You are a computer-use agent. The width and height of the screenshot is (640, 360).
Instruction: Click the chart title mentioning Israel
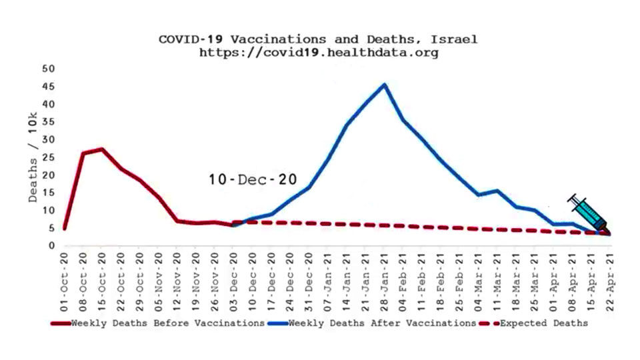pyautogui.click(x=317, y=39)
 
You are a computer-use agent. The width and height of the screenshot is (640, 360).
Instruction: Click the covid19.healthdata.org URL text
pyautogui.click(x=319, y=53)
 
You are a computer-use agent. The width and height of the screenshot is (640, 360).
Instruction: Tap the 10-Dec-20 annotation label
pyautogui.click(x=252, y=179)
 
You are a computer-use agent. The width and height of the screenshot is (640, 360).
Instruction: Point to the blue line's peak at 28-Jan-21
pyautogui.click(x=384, y=85)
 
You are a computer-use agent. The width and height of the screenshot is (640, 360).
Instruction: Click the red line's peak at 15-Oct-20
pyautogui.click(x=101, y=149)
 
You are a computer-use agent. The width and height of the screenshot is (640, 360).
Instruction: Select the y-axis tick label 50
pyautogui.click(x=48, y=69)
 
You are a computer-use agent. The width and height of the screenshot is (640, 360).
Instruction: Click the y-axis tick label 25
pyautogui.click(x=48, y=157)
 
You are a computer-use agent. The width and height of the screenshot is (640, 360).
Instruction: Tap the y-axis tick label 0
pyautogui.click(x=51, y=245)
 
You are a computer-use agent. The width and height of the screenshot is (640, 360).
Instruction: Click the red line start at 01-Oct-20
pyautogui.click(x=64, y=229)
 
